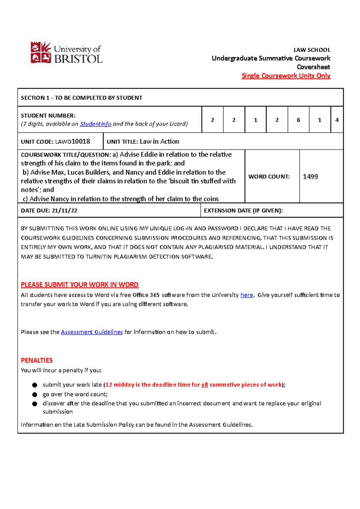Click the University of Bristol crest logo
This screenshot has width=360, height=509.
click(x=41, y=53)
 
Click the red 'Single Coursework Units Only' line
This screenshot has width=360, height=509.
click(x=286, y=76)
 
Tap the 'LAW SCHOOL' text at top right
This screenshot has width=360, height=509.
click(x=312, y=50)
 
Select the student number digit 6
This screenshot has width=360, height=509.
click(x=298, y=120)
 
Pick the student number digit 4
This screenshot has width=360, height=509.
click(x=337, y=120)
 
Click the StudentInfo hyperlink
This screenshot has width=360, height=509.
click(x=95, y=124)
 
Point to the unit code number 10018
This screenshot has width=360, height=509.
click(x=81, y=141)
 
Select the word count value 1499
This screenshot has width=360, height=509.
click(x=310, y=177)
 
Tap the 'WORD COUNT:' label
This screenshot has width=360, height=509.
click(x=269, y=177)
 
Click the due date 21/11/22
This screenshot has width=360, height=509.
click(x=64, y=211)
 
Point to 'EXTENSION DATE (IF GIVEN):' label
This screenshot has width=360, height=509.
click(x=243, y=211)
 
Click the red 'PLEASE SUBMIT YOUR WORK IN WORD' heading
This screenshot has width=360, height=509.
click(x=79, y=285)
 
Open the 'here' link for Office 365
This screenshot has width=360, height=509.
click(x=247, y=295)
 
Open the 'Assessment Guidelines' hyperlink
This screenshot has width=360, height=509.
click(x=92, y=332)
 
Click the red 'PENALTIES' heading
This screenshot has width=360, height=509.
click(x=37, y=360)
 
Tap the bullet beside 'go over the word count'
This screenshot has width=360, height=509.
click(x=35, y=394)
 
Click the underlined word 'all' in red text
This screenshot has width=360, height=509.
click(x=204, y=385)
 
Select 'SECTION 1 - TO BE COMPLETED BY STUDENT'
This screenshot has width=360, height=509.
click(x=81, y=98)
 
